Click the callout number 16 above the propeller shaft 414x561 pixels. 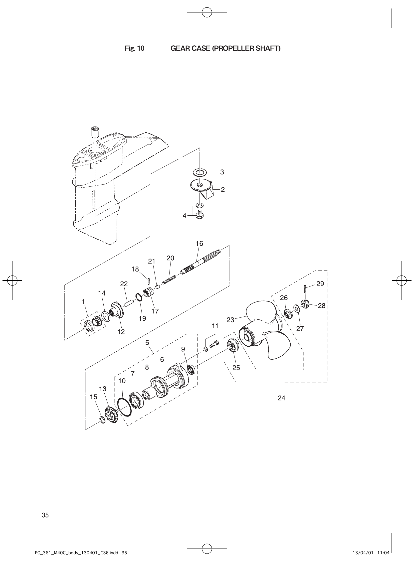point(199,243)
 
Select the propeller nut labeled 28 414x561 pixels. point(305,304)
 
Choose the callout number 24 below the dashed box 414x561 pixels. point(281,398)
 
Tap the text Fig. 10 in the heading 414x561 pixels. point(135,48)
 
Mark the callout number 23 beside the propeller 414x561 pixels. point(230,320)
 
